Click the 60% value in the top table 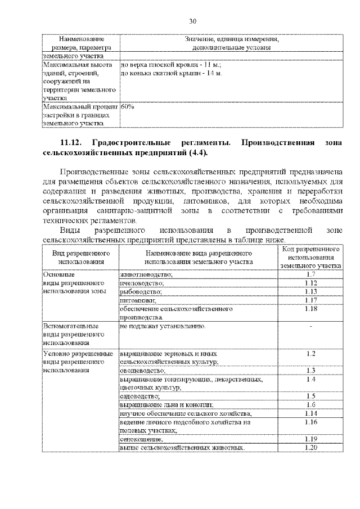(127, 106)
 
